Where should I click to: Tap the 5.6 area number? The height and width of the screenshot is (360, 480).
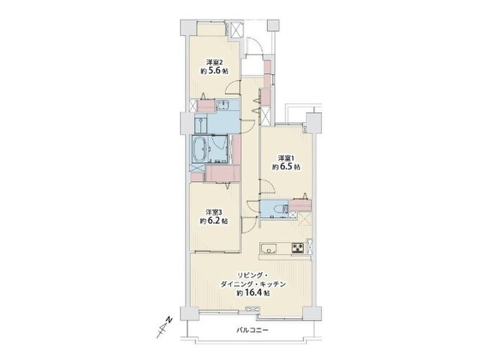(214, 71)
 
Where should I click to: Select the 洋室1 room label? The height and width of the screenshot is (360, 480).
(286, 158)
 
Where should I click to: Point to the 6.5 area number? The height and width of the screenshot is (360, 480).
(286, 167)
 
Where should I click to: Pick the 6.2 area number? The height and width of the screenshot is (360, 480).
(214, 221)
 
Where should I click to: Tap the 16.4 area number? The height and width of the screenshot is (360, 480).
(253, 293)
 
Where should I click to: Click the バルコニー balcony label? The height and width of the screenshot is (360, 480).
(253, 330)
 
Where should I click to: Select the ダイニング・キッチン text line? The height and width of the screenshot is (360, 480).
(253, 284)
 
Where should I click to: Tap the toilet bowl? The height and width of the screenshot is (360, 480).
(279, 210)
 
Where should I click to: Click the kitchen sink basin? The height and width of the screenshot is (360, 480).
(268, 248)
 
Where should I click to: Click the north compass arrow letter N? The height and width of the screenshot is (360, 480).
(168, 320)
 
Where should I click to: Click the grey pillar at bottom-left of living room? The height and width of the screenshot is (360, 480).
(189, 313)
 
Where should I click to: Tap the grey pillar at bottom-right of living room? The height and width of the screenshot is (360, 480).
(312, 313)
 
